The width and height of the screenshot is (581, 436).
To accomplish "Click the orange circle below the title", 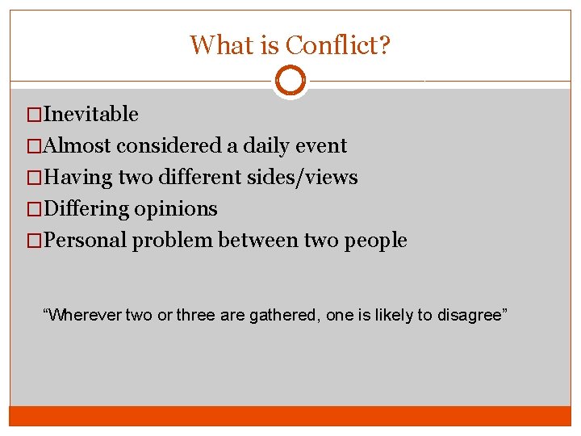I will click(290, 81).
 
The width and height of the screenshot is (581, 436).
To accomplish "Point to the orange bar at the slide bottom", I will click(290, 416).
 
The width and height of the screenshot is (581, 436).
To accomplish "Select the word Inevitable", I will click(91, 115).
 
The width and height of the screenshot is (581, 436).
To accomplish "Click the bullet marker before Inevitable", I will click(34, 115).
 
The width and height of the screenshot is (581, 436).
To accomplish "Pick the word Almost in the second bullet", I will click(78, 146).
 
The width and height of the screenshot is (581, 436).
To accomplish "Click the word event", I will click(320, 146).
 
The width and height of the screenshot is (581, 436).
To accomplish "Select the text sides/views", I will click(307, 178).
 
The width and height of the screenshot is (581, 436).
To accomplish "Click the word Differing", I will click(86, 209).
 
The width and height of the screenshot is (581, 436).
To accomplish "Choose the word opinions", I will click(176, 209).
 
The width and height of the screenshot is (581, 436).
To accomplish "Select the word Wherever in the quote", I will click(83, 316).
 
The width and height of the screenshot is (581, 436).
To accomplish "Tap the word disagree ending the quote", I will click(471, 316).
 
